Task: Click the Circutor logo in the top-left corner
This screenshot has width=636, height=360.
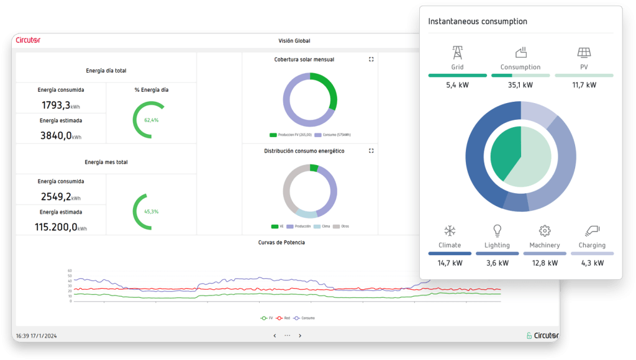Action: coord(28,40)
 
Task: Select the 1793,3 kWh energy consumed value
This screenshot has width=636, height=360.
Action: coord(60,105)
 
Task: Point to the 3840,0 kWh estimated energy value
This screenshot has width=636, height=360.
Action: coord(60,135)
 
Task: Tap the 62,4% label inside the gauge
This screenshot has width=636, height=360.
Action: coord(151,120)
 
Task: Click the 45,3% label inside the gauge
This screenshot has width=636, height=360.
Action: coord(151,212)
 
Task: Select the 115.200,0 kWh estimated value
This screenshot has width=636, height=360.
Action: coord(60,227)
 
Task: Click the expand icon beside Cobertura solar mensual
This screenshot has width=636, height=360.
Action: coord(371,60)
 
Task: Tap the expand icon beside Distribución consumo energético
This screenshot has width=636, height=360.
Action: coord(371,151)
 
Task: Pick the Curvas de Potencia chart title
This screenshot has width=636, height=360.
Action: coord(281,242)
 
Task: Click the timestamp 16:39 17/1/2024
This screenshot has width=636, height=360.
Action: coord(37,336)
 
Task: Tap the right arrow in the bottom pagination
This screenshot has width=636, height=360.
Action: coord(301,336)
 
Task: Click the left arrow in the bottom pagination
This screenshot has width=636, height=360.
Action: coord(275,336)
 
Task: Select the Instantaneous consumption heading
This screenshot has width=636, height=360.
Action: coord(478,21)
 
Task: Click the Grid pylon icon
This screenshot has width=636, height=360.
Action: coord(457,52)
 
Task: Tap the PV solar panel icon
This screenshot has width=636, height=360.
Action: coord(584,52)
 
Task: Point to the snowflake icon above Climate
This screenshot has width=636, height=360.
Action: coord(450,231)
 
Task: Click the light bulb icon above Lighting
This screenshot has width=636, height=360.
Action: coord(497,231)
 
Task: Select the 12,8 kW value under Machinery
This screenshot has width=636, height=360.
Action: coord(544,263)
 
